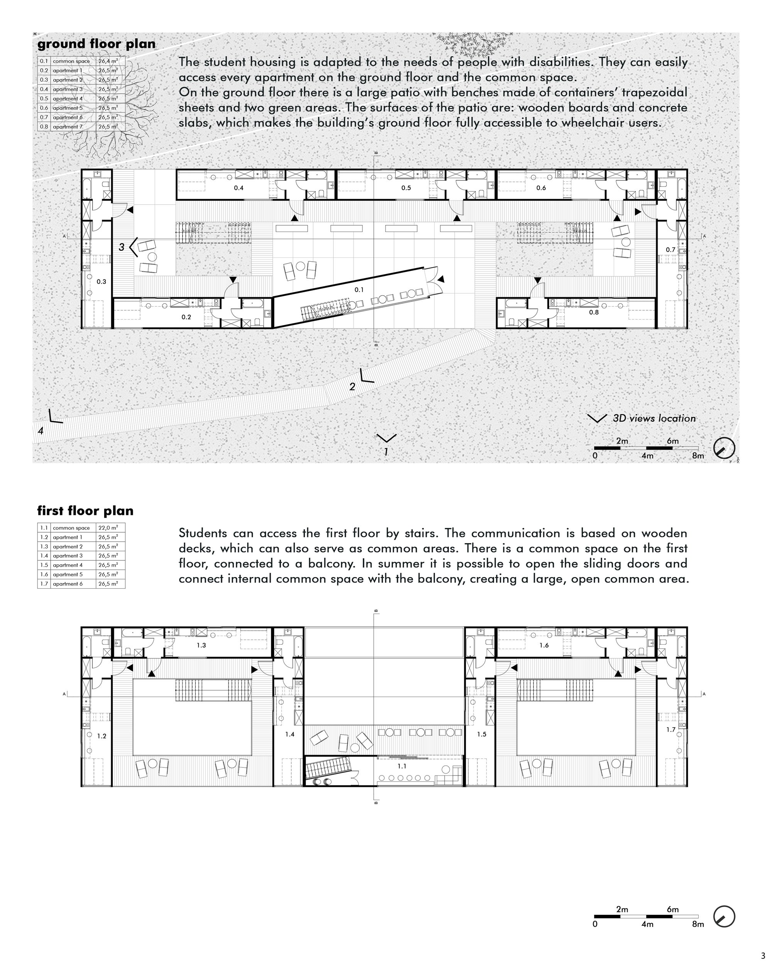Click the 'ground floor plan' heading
[96, 44]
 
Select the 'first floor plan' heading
[85, 511]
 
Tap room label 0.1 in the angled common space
[359, 289]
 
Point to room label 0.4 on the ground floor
[239, 188]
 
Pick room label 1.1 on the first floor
[402, 766]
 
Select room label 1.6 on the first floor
[544, 645]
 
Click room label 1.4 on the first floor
[290, 735]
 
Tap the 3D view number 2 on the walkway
[352, 387]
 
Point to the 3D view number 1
[386, 452]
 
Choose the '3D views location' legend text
[654, 418]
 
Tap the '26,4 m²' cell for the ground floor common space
[108, 61]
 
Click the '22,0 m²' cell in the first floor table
[108, 528]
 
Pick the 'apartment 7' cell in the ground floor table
[68, 127]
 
